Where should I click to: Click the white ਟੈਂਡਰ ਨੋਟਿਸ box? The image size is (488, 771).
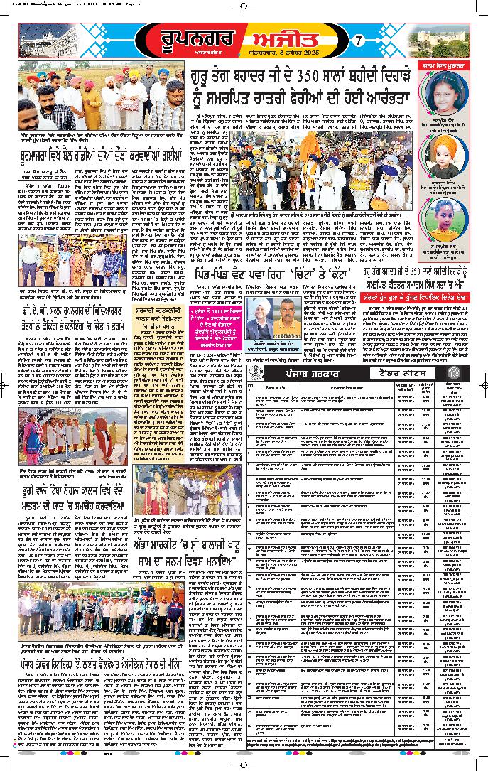point(404,373)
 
